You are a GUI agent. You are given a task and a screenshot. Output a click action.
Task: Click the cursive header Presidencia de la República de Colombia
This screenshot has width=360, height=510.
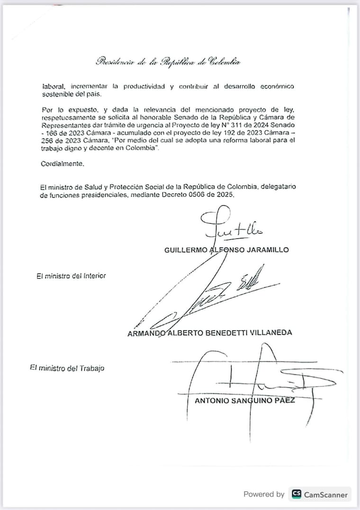168,61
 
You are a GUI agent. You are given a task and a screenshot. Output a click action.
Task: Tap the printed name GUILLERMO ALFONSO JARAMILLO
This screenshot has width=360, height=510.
226,250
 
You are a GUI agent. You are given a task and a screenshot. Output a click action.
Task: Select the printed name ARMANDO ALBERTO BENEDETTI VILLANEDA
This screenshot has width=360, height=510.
210,333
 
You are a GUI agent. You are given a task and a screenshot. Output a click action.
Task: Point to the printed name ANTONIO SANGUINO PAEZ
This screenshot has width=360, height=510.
245,401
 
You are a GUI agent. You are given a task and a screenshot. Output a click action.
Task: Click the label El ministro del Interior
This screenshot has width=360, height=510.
71,276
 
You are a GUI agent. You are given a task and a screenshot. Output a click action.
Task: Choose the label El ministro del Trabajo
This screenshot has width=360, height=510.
67,368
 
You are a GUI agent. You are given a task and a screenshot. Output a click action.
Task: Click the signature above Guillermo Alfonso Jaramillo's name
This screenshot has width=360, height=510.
231,225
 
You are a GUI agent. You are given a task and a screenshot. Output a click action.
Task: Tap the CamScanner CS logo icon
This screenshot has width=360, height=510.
297,494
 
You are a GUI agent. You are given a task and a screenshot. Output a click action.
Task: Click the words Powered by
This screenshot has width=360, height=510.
264,494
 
